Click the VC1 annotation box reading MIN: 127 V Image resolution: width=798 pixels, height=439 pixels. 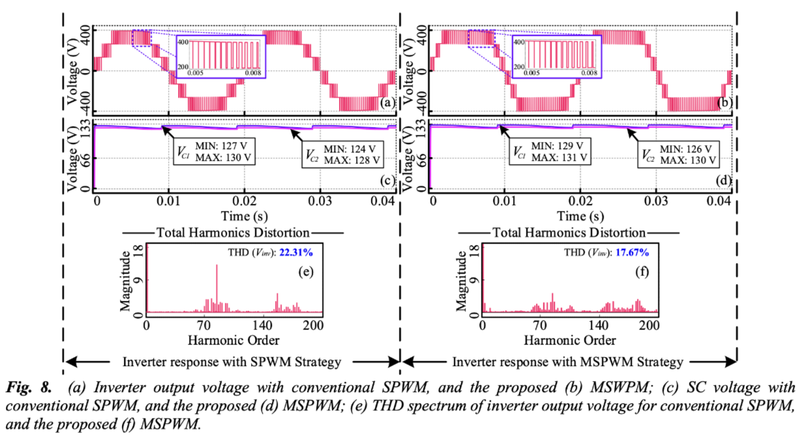(215, 150)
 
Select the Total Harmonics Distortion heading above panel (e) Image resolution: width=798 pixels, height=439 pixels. (233, 233)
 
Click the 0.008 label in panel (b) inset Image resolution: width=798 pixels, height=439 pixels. (589, 72)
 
